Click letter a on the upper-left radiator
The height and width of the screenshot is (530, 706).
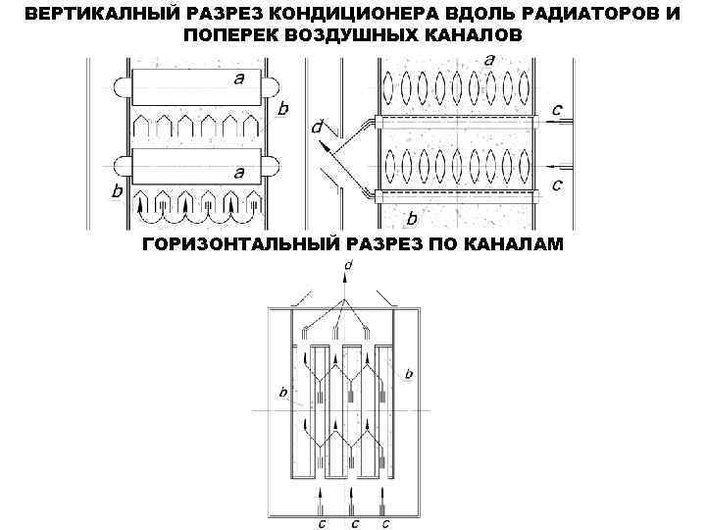click(238, 79)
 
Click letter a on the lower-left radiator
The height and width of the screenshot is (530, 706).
click(238, 171)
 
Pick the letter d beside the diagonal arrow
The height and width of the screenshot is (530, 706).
click(316, 127)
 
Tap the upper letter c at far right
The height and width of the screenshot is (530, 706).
click(557, 110)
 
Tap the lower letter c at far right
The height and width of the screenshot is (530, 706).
click(557, 184)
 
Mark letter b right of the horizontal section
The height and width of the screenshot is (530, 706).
click(409, 374)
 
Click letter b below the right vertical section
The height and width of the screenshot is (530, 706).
click(412, 218)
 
